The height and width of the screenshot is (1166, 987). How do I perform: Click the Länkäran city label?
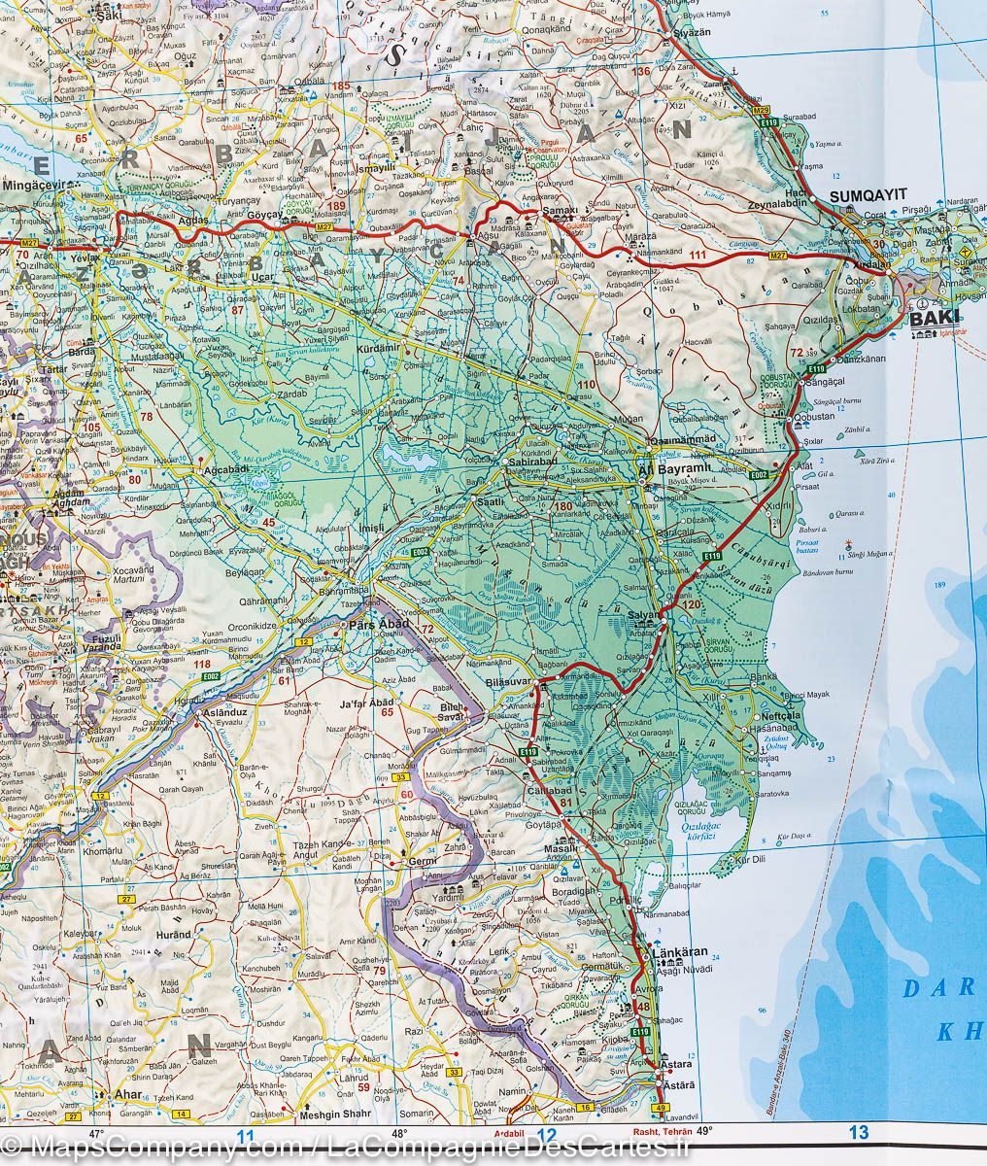[x=681, y=952]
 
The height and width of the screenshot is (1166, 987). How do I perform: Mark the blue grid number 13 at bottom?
[x=858, y=1132]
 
